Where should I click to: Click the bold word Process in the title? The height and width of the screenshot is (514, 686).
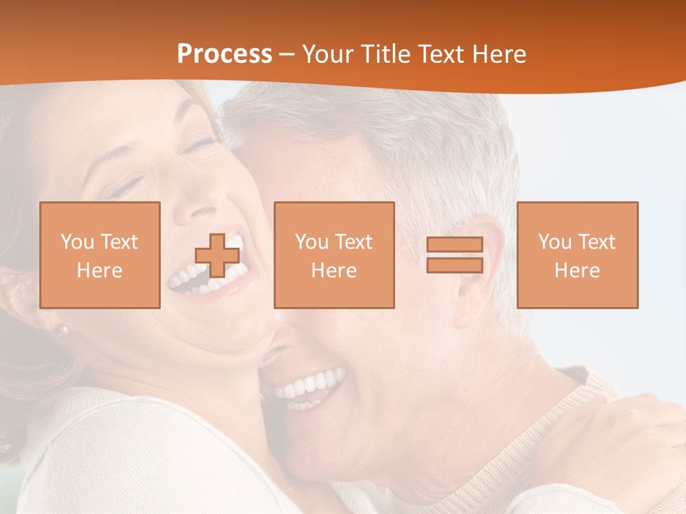224,54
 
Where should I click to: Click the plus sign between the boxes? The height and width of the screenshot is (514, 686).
217,255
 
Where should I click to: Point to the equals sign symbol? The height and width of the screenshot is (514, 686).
454,255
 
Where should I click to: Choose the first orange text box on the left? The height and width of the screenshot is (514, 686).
100,255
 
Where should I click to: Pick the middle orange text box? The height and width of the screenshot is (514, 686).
334,255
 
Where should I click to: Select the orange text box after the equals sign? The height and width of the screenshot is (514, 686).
577,255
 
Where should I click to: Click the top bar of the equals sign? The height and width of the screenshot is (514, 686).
454,245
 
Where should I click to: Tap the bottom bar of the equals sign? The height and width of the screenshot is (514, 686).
454,265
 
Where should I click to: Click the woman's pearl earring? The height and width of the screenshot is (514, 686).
64,331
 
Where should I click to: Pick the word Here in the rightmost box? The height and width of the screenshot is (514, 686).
577,271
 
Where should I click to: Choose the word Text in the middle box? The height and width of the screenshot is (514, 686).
354,242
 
